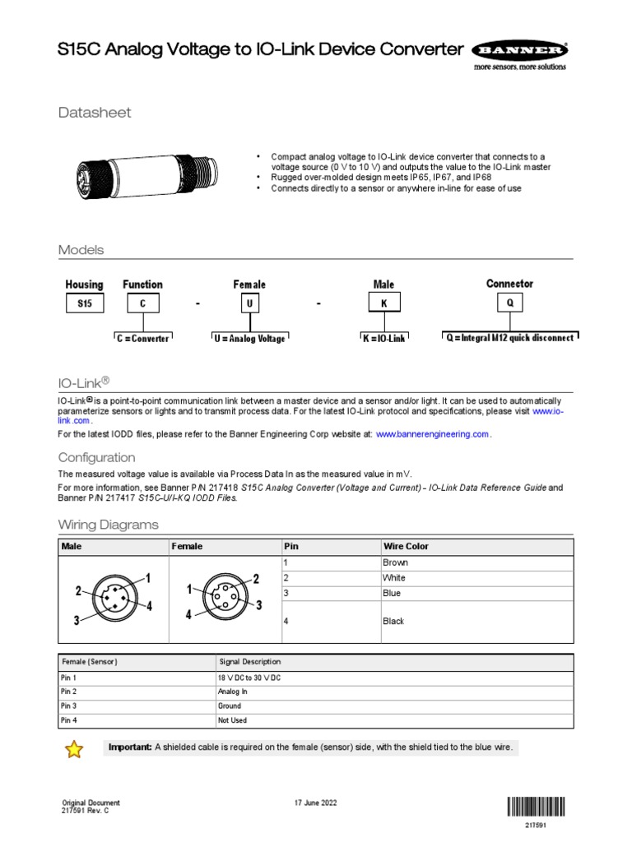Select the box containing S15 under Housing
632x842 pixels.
click(85, 303)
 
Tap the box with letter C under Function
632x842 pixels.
click(142, 303)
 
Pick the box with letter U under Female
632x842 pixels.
click(249, 303)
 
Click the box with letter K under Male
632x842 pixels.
click(383, 303)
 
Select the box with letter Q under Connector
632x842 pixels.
click(509, 303)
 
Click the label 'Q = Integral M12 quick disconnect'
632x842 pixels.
click(509, 338)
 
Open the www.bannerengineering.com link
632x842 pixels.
click(433, 434)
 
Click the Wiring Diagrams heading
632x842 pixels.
click(108, 525)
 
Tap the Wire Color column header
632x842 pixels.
click(406, 546)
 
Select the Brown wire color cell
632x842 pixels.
click(395, 563)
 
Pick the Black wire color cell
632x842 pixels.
click(393, 622)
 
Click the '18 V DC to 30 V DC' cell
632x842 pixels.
click(247, 677)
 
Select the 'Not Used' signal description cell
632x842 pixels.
click(232, 721)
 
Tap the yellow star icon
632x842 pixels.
click(74, 748)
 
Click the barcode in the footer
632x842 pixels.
click(536, 807)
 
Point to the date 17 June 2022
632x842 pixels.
click(315, 803)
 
